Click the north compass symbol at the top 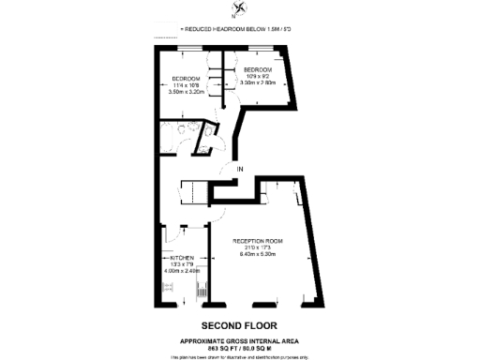241,11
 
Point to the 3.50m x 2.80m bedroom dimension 259,84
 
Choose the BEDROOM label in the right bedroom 258,70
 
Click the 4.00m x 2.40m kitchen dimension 182,271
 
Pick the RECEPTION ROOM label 258,241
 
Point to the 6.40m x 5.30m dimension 258,255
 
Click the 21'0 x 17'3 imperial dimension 258,248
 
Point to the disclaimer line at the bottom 240,355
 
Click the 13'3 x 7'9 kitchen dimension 182,264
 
